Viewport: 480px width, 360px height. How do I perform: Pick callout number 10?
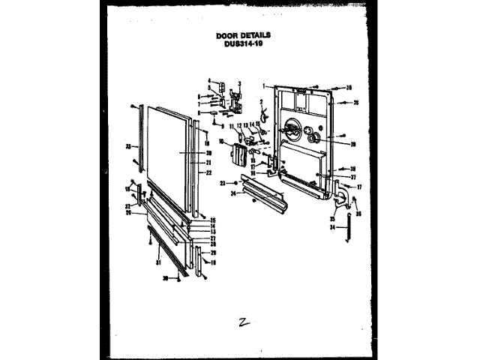[222, 141]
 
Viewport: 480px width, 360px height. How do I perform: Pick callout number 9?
[223, 125]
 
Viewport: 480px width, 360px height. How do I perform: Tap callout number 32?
[128, 206]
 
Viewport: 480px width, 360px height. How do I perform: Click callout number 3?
[238, 82]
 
